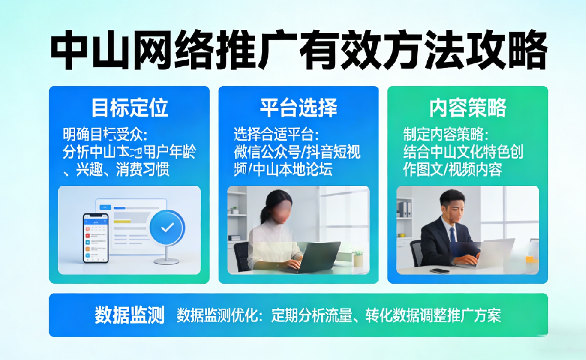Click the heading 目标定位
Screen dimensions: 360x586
(130, 108)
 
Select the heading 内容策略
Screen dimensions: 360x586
(468, 108)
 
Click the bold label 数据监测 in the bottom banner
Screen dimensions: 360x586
(130, 315)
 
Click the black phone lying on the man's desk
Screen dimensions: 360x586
(439, 270)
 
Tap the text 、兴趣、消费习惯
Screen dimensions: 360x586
(114, 171)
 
